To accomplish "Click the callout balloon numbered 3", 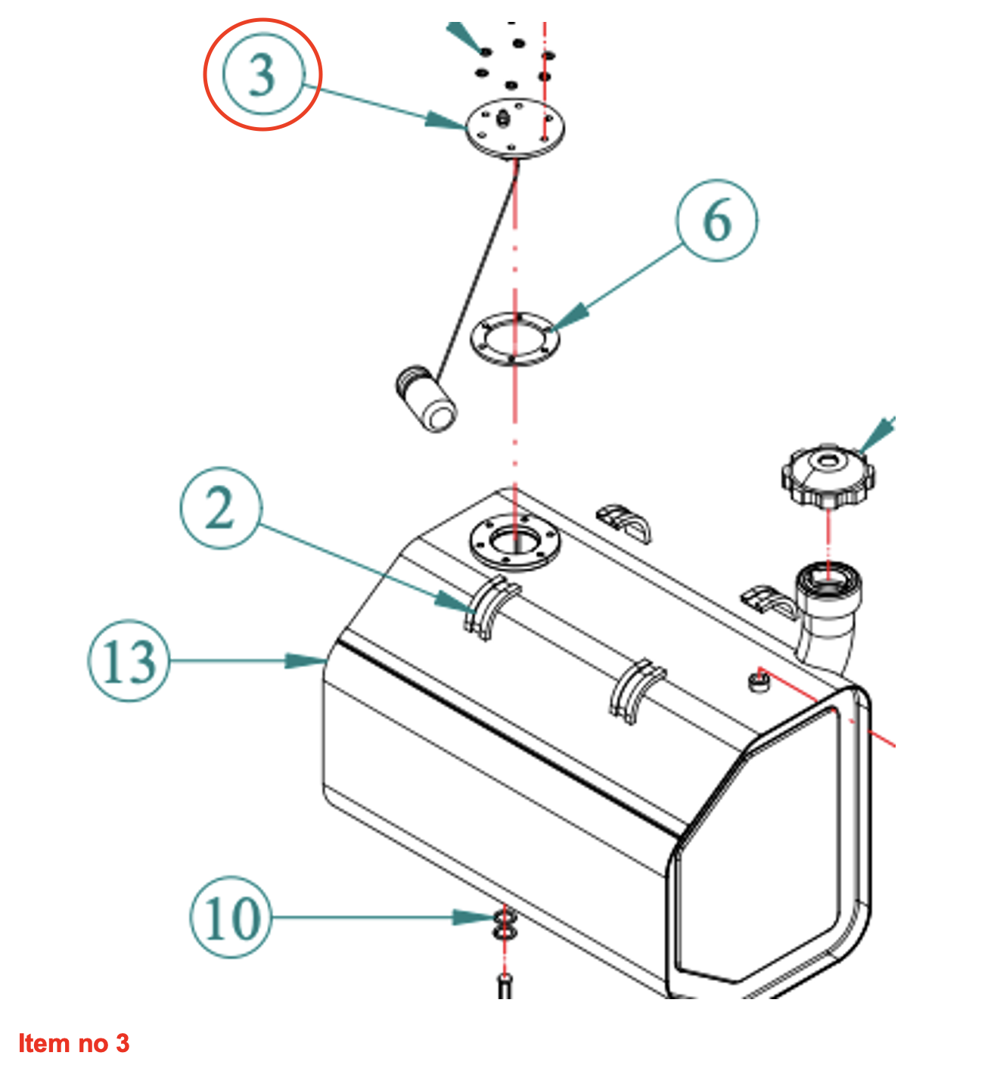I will pos(262,74).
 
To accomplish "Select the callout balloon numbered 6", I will pos(716,220).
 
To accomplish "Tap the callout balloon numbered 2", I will pos(221,508).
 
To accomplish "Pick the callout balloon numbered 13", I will pos(128,660).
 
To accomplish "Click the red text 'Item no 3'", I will pos(74,1043).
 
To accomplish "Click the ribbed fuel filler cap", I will pos(828,477).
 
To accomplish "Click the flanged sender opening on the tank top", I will pos(514,542).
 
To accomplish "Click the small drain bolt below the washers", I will pos(505,986).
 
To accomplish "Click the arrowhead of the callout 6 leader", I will pos(569,317).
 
